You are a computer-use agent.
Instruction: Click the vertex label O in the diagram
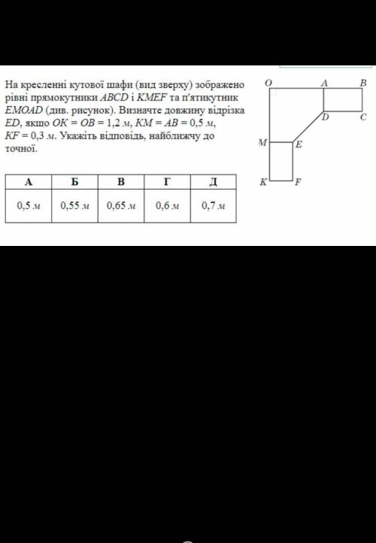268,83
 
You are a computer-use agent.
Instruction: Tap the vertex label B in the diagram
363,83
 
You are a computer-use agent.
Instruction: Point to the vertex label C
363,117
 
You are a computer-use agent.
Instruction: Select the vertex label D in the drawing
325,117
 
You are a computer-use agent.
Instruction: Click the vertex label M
262,142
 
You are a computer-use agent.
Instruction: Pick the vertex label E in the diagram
299,144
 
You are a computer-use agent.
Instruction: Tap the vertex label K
264,182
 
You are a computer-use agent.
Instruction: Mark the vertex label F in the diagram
297,182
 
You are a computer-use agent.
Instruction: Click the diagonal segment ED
308,127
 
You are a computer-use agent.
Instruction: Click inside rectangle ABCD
343,100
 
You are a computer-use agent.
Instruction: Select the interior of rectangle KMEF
281,162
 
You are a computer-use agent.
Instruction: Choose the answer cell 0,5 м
29,206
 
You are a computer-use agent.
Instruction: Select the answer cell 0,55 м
74,206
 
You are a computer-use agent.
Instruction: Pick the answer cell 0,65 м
121,206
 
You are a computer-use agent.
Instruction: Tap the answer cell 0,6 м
167,206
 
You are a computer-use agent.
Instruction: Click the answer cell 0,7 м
214,206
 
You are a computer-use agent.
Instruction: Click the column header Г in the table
167,182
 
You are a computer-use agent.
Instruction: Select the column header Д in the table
214,182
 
